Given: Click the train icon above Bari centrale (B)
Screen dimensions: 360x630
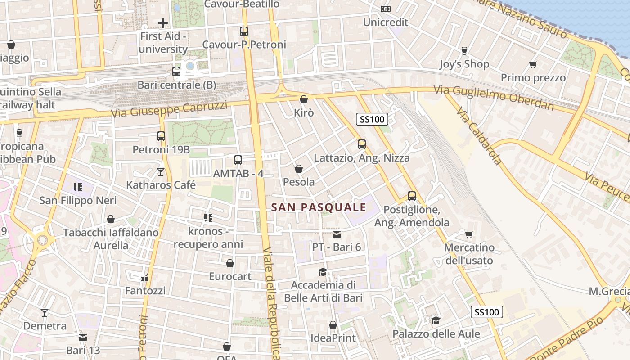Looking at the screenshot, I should [x=176, y=72].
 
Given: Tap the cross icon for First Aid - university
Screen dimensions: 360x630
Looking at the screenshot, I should [x=163, y=22].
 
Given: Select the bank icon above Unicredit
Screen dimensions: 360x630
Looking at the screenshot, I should [x=386, y=9].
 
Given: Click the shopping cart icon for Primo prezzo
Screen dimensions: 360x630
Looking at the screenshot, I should [x=533, y=65].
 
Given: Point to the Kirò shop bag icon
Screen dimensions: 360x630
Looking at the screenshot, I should [x=304, y=99].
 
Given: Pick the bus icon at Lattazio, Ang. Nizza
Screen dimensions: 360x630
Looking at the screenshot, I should [x=362, y=144].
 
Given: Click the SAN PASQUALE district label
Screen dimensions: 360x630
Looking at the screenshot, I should [x=319, y=207].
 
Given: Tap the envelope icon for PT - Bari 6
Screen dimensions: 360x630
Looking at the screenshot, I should [x=337, y=234].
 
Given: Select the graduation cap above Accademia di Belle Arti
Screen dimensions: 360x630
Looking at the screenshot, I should [x=323, y=272].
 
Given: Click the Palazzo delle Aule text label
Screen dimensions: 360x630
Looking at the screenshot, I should [x=436, y=334].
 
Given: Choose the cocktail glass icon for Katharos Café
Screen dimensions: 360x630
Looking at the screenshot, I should [x=161, y=171].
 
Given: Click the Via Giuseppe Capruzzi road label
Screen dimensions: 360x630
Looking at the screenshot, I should [x=169, y=109].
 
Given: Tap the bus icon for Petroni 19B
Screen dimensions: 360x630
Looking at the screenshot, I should [x=161, y=136].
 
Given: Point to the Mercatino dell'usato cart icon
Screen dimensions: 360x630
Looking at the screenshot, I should [x=469, y=234].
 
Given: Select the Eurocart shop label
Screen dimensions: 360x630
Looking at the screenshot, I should [x=230, y=276].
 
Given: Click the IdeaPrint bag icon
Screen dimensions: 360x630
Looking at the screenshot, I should [x=333, y=325].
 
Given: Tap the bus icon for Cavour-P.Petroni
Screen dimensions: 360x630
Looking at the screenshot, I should [x=244, y=31].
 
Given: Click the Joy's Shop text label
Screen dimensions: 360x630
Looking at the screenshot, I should [x=464, y=64].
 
